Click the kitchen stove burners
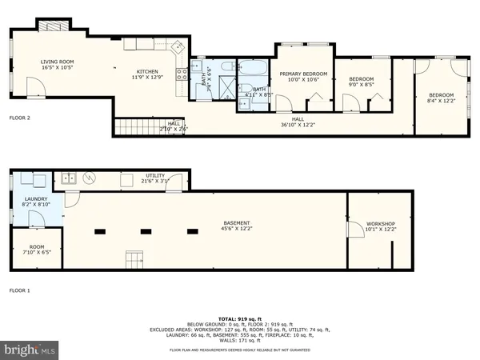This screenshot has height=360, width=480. point(182,74)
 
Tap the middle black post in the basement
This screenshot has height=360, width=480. point(146,232)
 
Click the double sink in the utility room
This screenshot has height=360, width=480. point(70,178)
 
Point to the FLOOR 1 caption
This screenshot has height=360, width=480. point(19,290)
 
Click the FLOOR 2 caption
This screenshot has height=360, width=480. point(19,118)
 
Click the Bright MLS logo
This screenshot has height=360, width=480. point(30,350)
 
